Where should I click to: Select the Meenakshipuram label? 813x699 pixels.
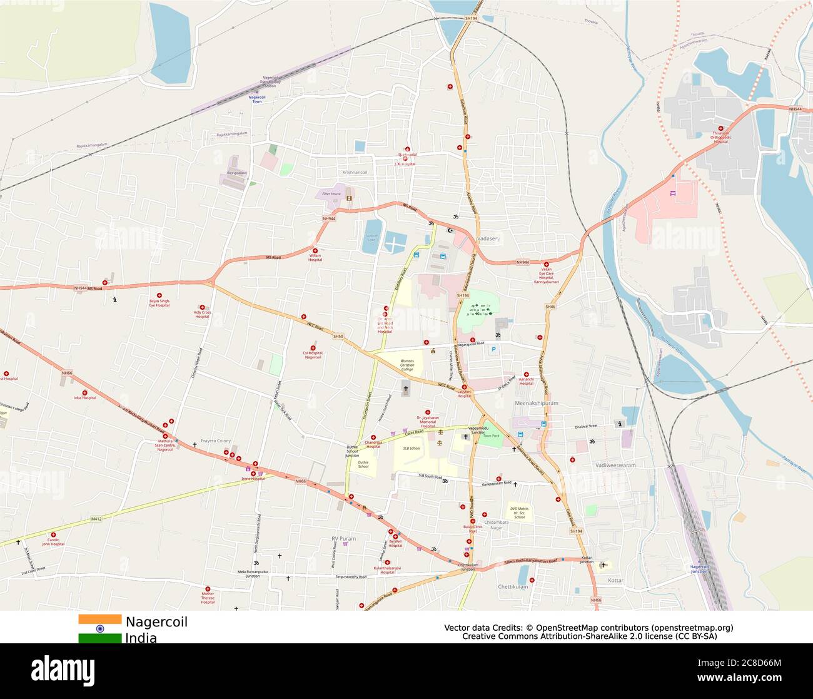tap(536, 403)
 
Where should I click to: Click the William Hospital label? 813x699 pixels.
tap(315, 257)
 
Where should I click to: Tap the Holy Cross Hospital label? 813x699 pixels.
tap(202, 314)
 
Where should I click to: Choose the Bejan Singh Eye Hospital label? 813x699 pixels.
tap(159, 303)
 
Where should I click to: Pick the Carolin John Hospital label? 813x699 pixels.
tap(53, 542)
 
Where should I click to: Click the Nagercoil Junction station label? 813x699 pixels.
tap(699, 569)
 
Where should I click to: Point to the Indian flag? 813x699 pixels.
tap(99, 628)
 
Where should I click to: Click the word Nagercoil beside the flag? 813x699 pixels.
tap(156, 622)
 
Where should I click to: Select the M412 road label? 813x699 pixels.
tap(96, 519)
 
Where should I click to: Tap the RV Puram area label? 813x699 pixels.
tap(343, 539)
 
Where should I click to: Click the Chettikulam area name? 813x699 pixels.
tap(513, 586)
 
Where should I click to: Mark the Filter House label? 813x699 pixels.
tap(331, 194)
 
